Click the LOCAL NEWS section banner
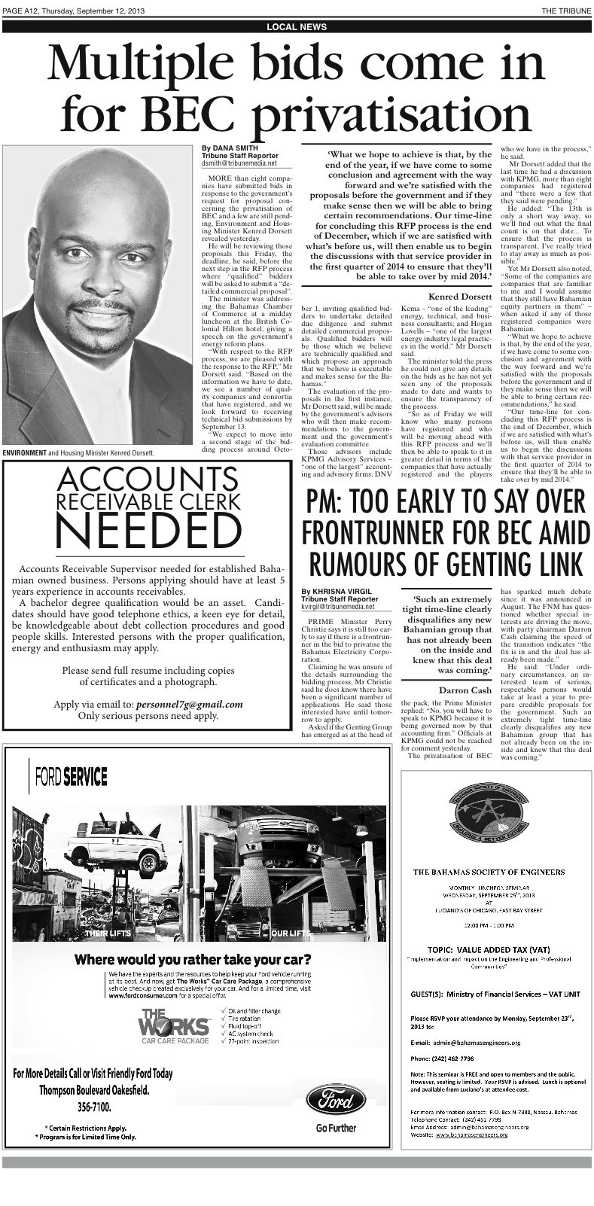297,26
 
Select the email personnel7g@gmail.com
190,705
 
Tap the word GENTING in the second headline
501,561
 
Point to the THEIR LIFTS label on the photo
108,933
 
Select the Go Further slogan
336,1128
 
